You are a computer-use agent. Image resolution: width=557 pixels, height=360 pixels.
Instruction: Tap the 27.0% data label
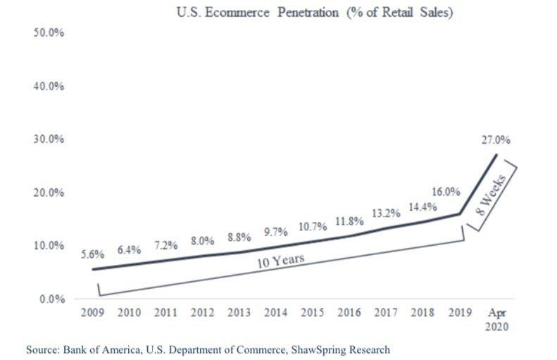[496, 140]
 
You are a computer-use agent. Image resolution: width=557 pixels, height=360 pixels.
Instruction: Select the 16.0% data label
[446, 191]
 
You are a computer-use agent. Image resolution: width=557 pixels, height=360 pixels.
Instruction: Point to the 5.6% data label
[92, 255]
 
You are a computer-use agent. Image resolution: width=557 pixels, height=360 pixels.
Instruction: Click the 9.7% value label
[276, 231]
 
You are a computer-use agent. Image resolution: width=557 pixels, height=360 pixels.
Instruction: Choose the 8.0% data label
[202, 240]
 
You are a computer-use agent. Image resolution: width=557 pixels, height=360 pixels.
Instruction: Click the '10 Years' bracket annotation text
[280, 261]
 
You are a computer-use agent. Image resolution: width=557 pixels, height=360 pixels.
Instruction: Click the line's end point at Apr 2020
[496, 154]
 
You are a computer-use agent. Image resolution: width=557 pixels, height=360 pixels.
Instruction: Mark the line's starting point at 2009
[92, 269]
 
